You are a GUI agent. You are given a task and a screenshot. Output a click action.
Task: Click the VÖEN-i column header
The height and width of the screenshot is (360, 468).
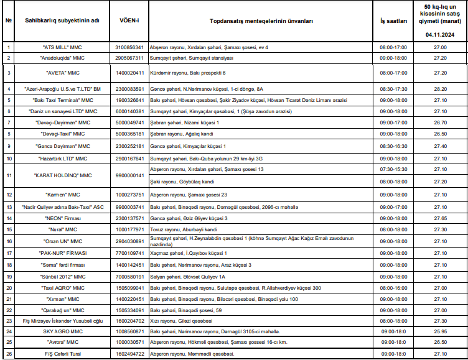pos(129,21)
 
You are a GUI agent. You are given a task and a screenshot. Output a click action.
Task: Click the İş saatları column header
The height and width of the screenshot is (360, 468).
pos(394,21)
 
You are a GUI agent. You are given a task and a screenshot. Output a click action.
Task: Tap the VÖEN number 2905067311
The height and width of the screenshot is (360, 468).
pos(129,58)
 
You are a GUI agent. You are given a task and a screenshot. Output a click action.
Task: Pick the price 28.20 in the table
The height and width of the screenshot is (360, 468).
pos(441,89)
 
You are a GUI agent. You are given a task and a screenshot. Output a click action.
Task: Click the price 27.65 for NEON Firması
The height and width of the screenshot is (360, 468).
pos(441,219)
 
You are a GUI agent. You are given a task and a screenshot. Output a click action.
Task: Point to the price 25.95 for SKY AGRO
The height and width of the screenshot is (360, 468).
pos(441,331)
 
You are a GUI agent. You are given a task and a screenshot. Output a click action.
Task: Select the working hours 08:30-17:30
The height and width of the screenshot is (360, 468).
pos(394,89)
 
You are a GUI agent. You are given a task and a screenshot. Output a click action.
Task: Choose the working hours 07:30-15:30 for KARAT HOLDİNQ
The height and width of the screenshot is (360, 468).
pos(394,169)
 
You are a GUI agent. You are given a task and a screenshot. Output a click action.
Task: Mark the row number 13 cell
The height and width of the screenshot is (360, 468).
pos(9,206)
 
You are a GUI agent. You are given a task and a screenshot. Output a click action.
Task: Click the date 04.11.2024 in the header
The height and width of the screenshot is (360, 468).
pos(441,35)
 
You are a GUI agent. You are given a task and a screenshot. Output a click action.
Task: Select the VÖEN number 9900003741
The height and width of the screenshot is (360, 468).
pos(129,206)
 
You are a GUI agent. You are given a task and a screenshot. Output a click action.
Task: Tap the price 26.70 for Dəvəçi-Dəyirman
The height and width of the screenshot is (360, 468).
pos(441,122)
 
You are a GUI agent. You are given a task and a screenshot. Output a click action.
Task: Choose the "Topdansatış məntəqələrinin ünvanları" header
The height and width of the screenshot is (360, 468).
pos(261,21)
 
